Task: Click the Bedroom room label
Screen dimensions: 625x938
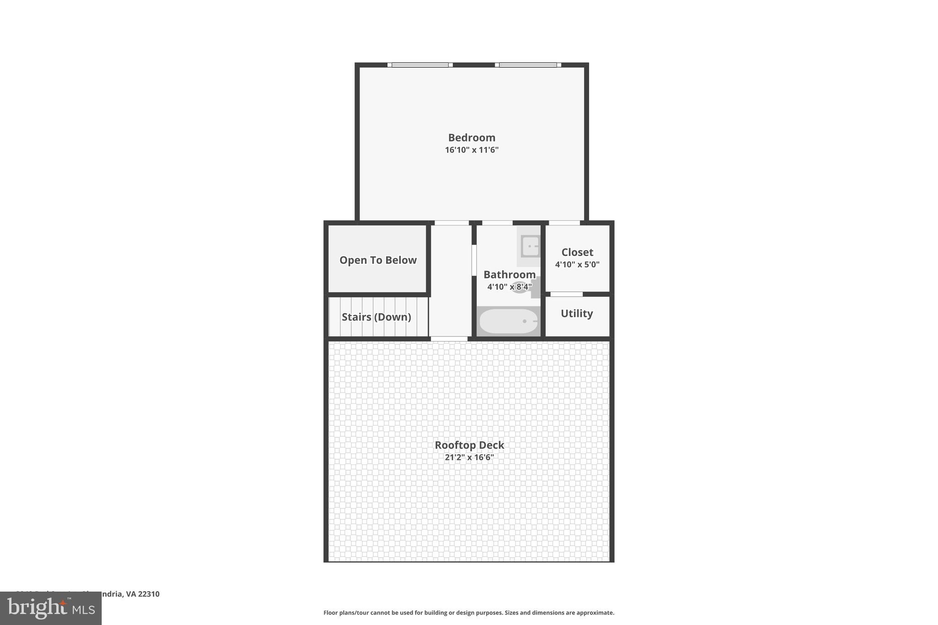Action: (471, 137)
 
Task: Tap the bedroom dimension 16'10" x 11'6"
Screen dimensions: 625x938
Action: (471, 150)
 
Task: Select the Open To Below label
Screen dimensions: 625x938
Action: (378, 260)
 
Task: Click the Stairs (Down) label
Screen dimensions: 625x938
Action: (376, 317)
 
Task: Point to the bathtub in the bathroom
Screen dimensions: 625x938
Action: (508, 321)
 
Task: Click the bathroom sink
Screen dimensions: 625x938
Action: (530, 246)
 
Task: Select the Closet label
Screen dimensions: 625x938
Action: (577, 252)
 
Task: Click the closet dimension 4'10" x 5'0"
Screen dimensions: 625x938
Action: (577, 264)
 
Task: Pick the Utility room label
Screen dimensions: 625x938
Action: (577, 314)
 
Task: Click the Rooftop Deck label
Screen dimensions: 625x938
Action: (469, 445)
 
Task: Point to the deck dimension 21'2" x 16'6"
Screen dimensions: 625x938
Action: (469, 457)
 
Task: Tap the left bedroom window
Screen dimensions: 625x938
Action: (420, 65)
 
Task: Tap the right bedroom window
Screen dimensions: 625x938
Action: (528, 65)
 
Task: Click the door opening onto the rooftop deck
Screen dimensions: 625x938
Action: (449, 339)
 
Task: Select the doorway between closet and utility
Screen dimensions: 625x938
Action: (567, 294)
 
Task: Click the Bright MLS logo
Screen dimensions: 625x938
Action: (51, 609)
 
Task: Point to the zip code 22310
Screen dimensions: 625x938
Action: (149, 594)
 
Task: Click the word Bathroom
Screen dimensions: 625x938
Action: (509, 275)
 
